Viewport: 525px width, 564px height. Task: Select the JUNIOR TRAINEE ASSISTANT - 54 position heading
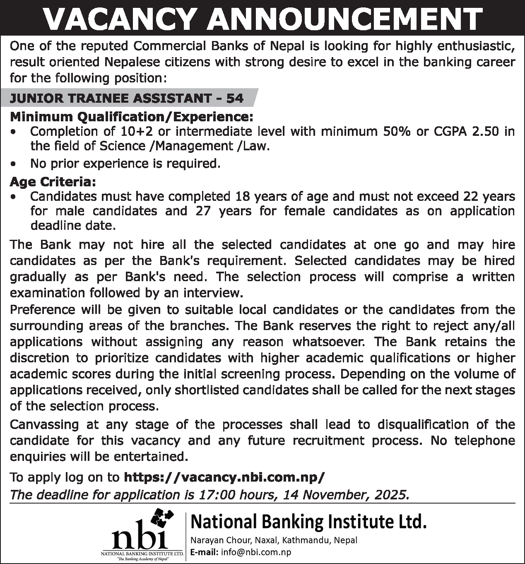(x=127, y=99)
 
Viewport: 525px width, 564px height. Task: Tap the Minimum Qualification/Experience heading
(x=131, y=117)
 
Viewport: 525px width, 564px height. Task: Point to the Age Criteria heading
(x=53, y=182)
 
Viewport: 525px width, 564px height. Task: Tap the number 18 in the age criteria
(x=243, y=196)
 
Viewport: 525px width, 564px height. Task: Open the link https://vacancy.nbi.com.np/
(x=224, y=477)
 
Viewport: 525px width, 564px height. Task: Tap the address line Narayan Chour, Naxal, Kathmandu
(x=273, y=540)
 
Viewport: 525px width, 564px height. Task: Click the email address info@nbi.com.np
(x=256, y=552)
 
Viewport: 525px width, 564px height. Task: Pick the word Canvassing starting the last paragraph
(x=44, y=425)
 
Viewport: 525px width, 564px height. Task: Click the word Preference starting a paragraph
(x=42, y=310)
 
